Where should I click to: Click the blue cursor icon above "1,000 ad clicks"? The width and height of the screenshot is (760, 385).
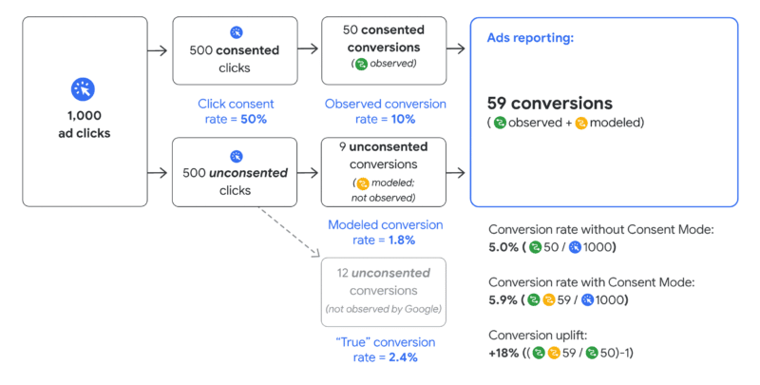84,89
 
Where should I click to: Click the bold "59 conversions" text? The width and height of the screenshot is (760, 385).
550,103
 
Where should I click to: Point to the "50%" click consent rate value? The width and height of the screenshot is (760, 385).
254,119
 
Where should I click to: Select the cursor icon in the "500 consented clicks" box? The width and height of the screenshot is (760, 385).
237,31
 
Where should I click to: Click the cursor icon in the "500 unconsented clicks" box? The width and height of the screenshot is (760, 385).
237,155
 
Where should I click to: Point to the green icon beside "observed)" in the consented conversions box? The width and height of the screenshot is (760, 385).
360,65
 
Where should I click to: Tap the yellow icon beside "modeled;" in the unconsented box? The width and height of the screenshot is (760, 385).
360,183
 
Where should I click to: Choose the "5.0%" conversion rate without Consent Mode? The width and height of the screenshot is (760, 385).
504,247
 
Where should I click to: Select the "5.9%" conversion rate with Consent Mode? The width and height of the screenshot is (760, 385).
504,299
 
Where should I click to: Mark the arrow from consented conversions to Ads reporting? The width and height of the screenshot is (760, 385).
454,50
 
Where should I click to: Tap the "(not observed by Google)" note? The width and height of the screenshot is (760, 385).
384,309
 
